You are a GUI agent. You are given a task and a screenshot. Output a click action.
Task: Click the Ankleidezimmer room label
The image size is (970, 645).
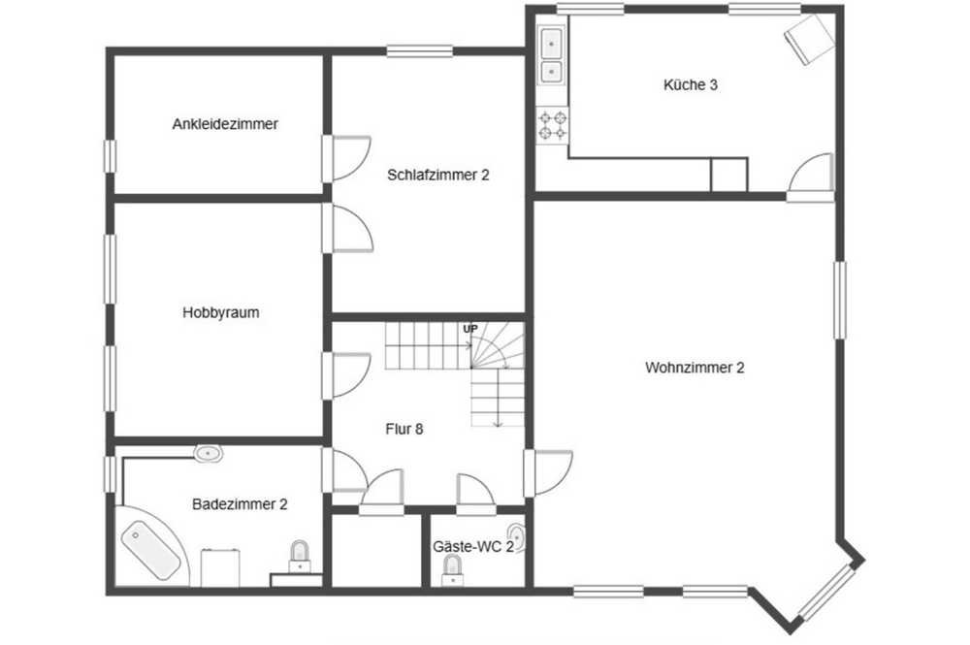(225, 124)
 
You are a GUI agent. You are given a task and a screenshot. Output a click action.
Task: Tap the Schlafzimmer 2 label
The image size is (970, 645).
(438, 175)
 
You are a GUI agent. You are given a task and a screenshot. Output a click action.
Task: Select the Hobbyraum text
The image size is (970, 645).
(221, 313)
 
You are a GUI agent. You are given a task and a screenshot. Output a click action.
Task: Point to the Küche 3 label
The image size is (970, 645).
(691, 84)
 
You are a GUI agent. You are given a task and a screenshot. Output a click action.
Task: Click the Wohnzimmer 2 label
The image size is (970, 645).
(695, 368)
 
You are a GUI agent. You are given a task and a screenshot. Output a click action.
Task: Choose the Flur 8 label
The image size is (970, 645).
(404, 429)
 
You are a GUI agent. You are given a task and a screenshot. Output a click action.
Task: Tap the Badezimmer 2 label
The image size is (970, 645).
(240, 504)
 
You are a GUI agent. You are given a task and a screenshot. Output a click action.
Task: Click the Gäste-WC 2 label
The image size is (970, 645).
(473, 547)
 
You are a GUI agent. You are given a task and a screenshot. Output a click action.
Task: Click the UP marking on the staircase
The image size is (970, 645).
(470, 329)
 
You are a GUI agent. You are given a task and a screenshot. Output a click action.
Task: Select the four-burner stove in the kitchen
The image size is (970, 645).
(553, 125)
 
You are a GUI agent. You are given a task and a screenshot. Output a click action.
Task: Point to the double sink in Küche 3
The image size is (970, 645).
(551, 55)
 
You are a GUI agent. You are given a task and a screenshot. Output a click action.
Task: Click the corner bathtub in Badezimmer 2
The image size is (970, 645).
(151, 547)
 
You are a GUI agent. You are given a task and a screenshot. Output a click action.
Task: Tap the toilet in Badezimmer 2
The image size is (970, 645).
(300, 557)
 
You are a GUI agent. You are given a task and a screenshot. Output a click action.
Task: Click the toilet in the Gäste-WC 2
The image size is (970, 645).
(453, 570)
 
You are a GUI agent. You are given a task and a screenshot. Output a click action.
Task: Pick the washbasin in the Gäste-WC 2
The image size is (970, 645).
(517, 538)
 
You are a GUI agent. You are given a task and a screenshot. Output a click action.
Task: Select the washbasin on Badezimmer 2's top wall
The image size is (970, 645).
(209, 454)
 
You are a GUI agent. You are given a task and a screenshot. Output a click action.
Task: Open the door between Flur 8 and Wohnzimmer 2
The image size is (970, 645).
(548, 473)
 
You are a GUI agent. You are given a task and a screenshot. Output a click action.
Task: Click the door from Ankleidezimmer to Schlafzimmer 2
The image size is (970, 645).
(346, 158)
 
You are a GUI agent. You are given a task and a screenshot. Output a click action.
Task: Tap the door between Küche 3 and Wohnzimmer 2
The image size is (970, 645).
(810, 177)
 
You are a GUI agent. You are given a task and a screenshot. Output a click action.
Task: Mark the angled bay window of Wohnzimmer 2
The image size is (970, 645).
(827, 594)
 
